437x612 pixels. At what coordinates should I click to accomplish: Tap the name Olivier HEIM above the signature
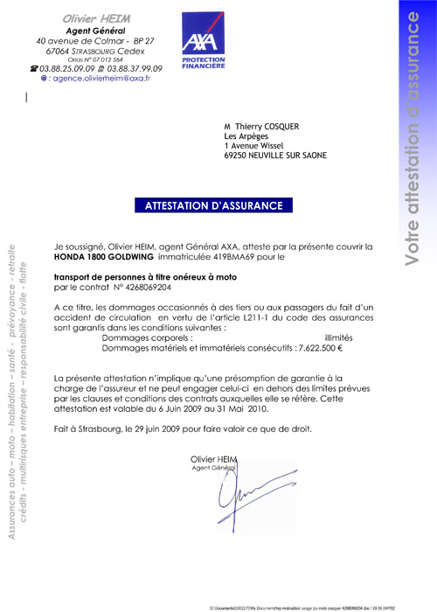pos(212,458)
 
